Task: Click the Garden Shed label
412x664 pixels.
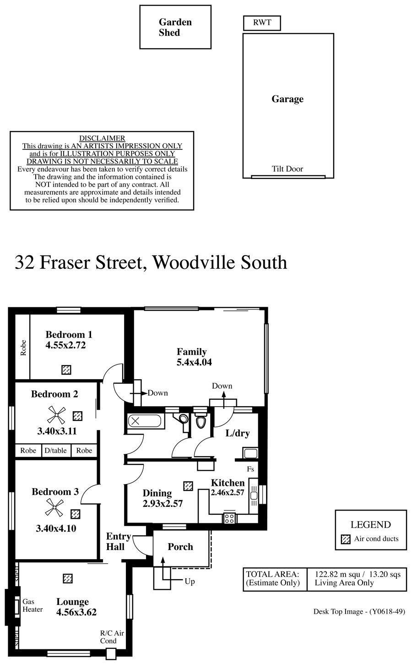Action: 175,27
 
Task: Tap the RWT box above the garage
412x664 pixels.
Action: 262,23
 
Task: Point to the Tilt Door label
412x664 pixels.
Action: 287,169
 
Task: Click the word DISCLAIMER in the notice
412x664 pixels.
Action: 102,138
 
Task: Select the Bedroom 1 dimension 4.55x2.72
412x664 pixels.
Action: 65,345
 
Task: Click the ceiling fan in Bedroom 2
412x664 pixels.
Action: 56,415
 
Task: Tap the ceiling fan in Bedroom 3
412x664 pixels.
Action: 54,507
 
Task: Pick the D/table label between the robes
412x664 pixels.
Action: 56,451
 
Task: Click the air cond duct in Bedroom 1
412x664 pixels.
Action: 66,370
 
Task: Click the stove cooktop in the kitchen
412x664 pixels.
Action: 229,518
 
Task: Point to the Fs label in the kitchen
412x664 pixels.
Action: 250,469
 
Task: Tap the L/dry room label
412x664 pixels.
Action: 238,433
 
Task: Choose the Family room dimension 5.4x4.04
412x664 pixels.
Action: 194,362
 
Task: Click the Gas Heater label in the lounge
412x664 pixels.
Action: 33,605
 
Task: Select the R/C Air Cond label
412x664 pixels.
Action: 112,637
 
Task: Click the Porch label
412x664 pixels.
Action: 180,547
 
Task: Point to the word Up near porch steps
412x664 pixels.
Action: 190,581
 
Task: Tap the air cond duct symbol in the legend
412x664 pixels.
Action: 346,539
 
